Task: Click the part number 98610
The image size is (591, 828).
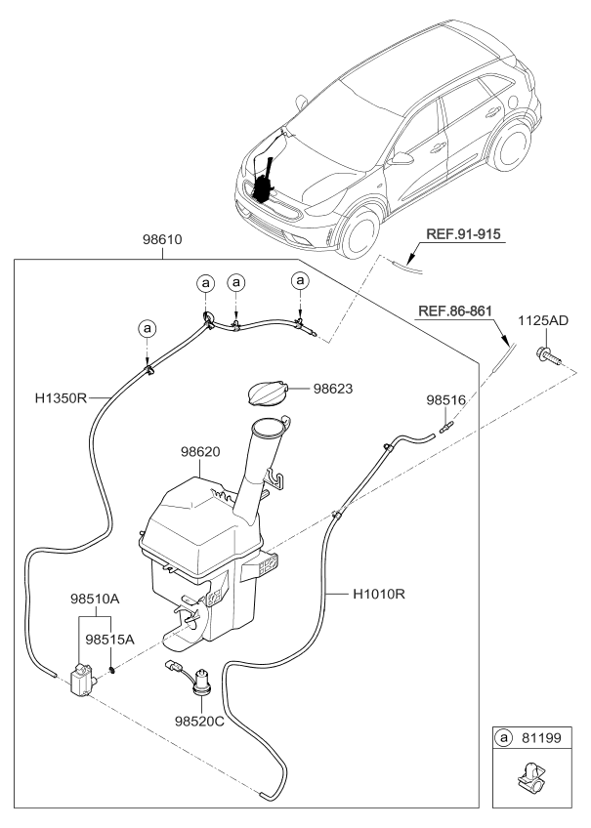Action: (x=162, y=239)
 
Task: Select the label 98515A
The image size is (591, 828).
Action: (x=109, y=639)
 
